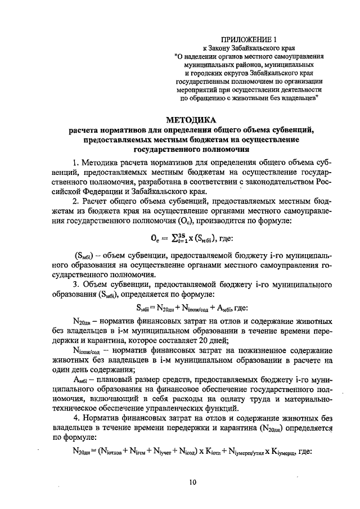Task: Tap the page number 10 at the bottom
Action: tap(193, 481)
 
